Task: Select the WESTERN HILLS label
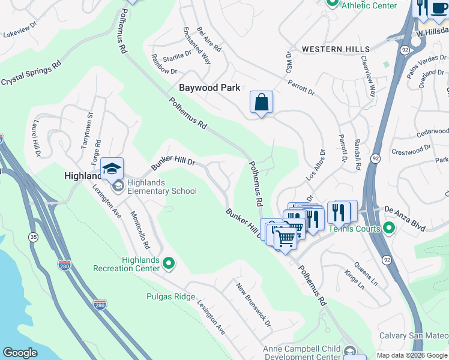(x=336, y=49)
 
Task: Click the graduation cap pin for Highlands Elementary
(x=112, y=169)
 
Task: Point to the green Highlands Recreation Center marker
(x=169, y=263)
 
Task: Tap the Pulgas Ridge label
(x=170, y=296)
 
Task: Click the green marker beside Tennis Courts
(x=389, y=228)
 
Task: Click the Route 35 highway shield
(x=32, y=238)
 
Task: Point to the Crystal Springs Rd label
(x=31, y=72)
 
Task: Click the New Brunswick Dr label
(x=254, y=305)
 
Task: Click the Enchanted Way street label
(x=197, y=45)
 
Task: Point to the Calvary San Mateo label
(x=414, y=335)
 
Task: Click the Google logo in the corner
(x=20, y=353)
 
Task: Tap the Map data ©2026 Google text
(x=411, y=355)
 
